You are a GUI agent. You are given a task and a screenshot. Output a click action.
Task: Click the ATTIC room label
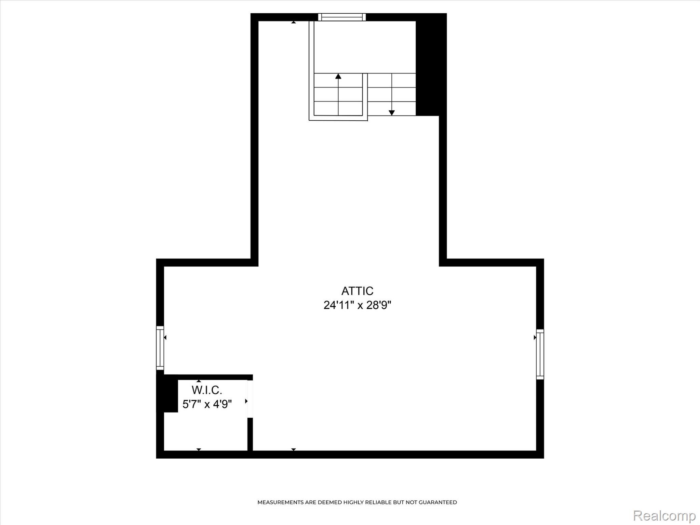tap(357, 291)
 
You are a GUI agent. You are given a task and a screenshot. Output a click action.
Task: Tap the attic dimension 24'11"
tap(338, 305)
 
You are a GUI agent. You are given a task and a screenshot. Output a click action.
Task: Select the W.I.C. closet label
tap(207, 390)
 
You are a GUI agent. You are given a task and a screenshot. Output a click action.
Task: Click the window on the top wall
tap(342, 17)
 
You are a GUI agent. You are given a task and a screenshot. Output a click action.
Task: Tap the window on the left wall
tap(160, 348)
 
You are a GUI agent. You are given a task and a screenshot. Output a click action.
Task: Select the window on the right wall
tap(540, 354)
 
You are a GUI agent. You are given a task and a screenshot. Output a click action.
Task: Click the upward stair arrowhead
tap(338, 76)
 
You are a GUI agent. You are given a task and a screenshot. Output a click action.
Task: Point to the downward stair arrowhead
tap(392, 113)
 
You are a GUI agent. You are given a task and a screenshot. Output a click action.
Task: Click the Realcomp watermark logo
tap(664, 515)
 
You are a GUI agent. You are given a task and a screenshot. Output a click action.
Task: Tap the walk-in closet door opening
tap(250, 399)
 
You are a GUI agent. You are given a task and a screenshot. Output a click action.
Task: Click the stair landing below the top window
tap(365, 47)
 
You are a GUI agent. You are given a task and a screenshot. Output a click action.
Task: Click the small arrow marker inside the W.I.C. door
tap(246, 401)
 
